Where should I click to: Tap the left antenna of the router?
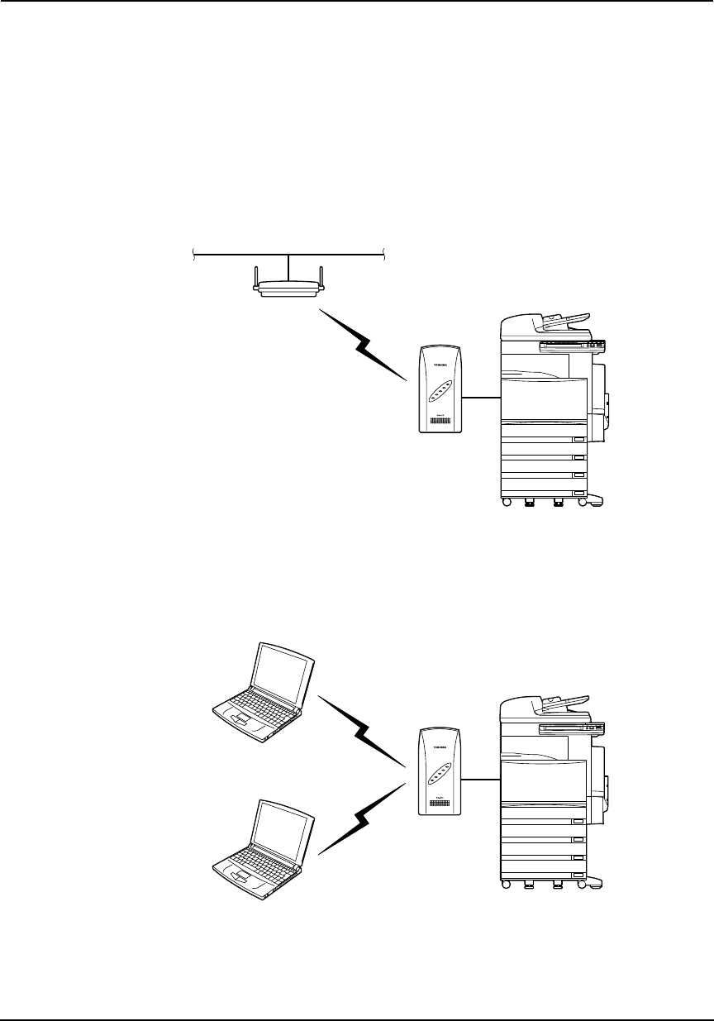255,275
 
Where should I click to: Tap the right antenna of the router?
322,275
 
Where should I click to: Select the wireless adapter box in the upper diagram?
440,388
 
